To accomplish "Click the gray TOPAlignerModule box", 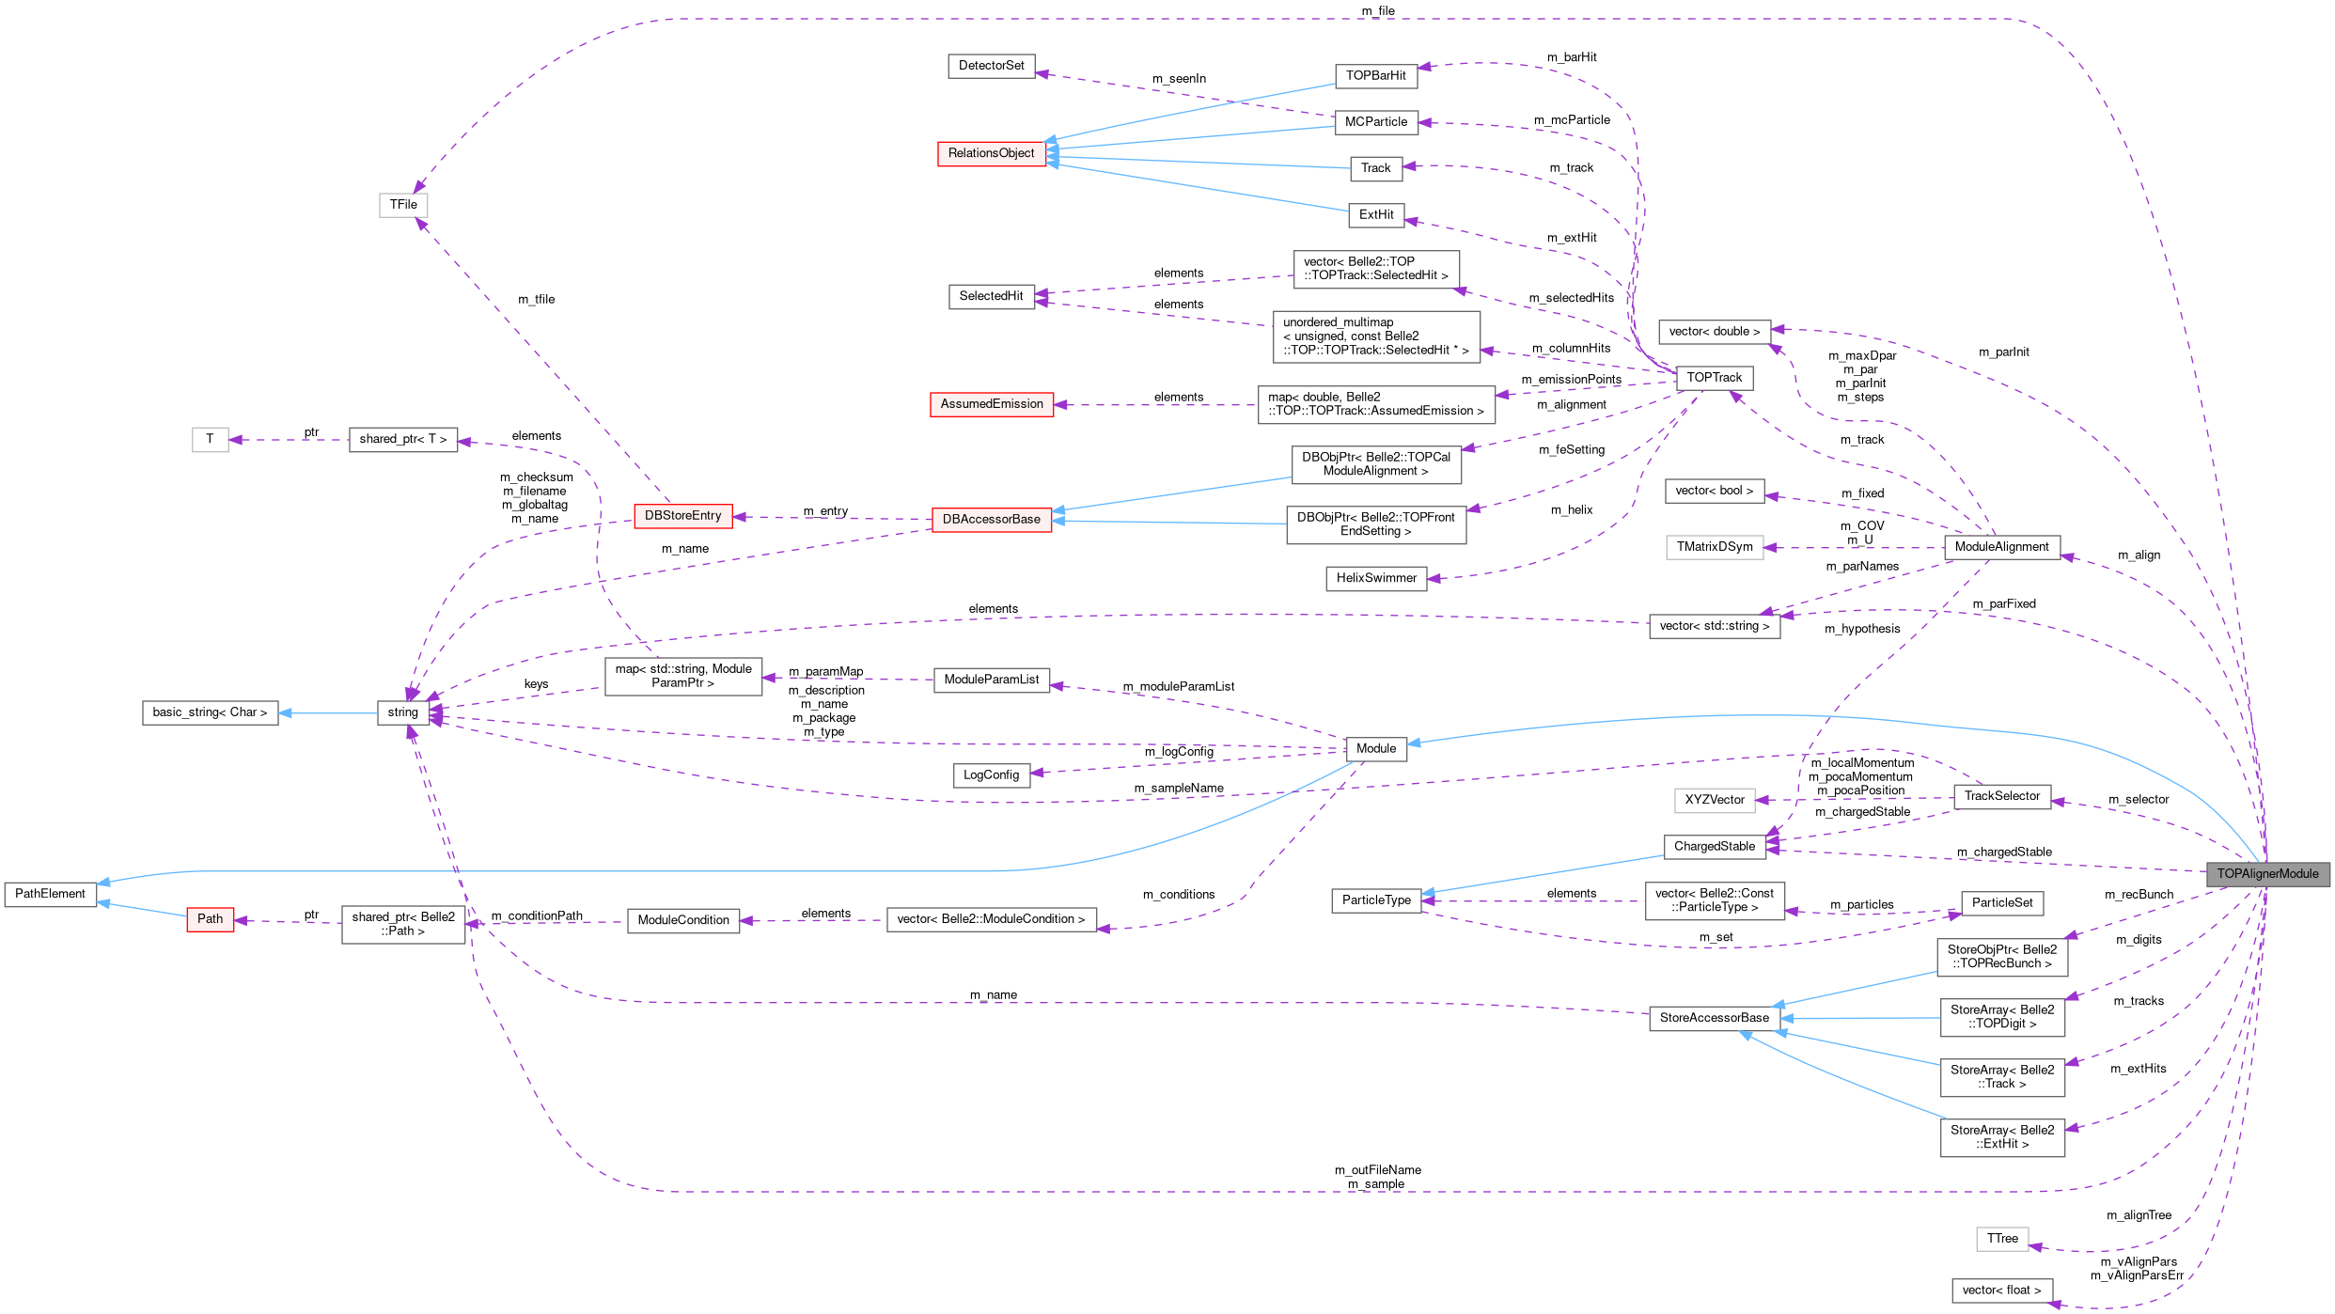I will point(2267,874).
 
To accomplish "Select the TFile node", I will point(403,205).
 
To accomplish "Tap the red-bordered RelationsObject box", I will point(991,153).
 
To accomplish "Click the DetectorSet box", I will point(991,66).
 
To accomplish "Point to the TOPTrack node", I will point(1714,378).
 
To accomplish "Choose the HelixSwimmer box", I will point(1376,578).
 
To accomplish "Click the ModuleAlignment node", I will point(2001,547).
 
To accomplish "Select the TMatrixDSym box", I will point(1714,547).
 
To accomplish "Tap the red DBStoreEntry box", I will point(682,516).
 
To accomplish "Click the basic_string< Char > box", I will point(210,712).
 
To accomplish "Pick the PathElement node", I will point(50,894).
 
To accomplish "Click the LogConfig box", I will point(991,775).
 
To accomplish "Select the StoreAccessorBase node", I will point(1714,1018).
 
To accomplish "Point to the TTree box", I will point(2002,1239).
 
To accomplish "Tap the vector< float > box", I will point(2001,1291).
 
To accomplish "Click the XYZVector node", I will point(1714,800).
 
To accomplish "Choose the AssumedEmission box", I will point(991,404).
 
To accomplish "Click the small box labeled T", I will point(210,439).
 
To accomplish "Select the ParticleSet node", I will point(2001,903).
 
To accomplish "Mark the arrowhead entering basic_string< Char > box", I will point(285,712).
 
